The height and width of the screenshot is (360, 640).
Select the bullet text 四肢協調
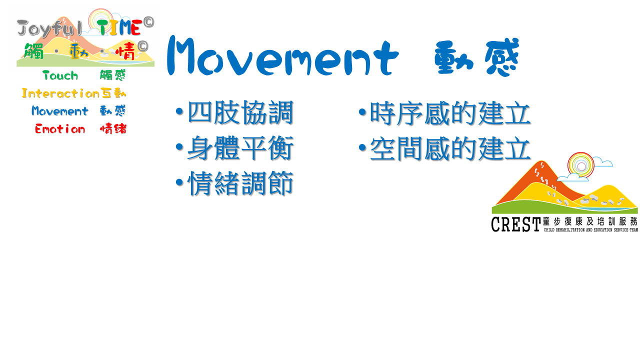click(240, 112)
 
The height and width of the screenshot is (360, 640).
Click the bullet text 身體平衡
click(240, 147)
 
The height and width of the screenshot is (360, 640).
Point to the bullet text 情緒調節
click(240, 183)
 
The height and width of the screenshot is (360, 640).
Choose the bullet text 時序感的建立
click(450, 113)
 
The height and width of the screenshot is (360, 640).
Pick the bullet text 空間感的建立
click(450, 148)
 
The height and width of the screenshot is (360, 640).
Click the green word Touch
click(60, 75)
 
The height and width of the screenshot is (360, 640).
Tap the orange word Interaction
click(60, 93)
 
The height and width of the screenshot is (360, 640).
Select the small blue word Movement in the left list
click(59, 111)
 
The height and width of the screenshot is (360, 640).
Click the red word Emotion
click(60, 129)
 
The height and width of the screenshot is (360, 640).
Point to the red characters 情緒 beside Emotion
click(113, 129)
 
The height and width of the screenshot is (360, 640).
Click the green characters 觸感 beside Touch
click(113, 75)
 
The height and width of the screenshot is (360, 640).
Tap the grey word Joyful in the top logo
click(49, 28)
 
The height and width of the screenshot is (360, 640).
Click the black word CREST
click(515, 224)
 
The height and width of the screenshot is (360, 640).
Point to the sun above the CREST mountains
click(581, 165)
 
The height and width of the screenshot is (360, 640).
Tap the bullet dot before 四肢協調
click(179, 111)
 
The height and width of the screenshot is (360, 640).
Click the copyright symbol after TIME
click(148, 22)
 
